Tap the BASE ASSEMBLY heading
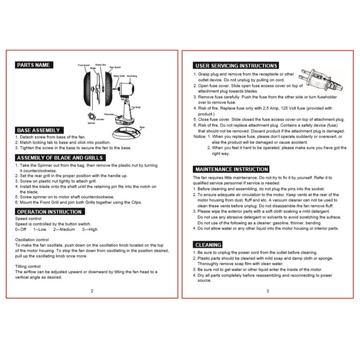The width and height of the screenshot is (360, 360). pos(38,130)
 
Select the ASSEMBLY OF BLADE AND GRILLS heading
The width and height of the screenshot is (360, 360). pos(60,158)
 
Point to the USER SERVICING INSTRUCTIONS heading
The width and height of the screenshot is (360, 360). pos(236,66)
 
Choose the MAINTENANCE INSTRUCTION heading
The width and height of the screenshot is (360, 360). pos(231,169)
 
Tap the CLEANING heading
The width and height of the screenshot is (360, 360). pos(208,245)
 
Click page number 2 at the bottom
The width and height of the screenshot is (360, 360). pos(92,291)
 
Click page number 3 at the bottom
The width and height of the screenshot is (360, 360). pos(267,291)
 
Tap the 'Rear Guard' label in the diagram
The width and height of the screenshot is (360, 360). pos(115,67)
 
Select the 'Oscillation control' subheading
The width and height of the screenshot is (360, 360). pos(32,240)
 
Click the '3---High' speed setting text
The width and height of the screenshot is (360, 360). pos(90,229)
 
